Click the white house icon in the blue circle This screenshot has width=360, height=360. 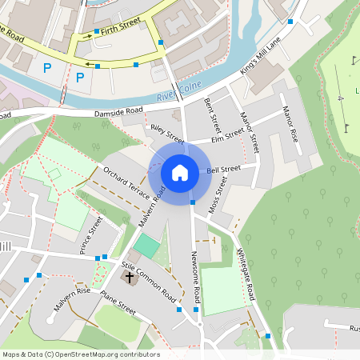[x=180, y=173]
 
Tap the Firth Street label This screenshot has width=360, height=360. [x=115, y=29]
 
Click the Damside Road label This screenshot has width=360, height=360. [x=118, y=111]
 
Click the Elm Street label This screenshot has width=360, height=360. [x=228, y=138]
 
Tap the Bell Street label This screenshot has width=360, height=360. [x=223, y=170]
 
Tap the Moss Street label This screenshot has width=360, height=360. [x=218, y=194]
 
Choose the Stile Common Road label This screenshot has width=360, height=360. [x=148, y=281]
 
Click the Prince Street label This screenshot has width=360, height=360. [x=91, y=234]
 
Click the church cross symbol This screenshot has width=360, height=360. [x=129, y=277]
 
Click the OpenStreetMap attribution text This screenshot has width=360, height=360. [x=81, y=354]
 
